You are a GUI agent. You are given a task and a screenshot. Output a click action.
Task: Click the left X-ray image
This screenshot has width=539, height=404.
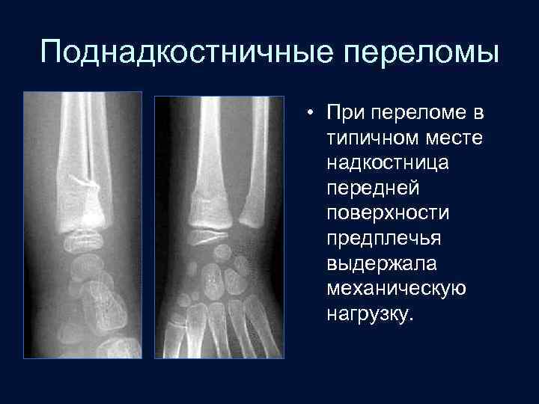(82, 224)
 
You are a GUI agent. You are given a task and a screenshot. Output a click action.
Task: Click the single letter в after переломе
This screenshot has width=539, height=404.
(477, 113)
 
